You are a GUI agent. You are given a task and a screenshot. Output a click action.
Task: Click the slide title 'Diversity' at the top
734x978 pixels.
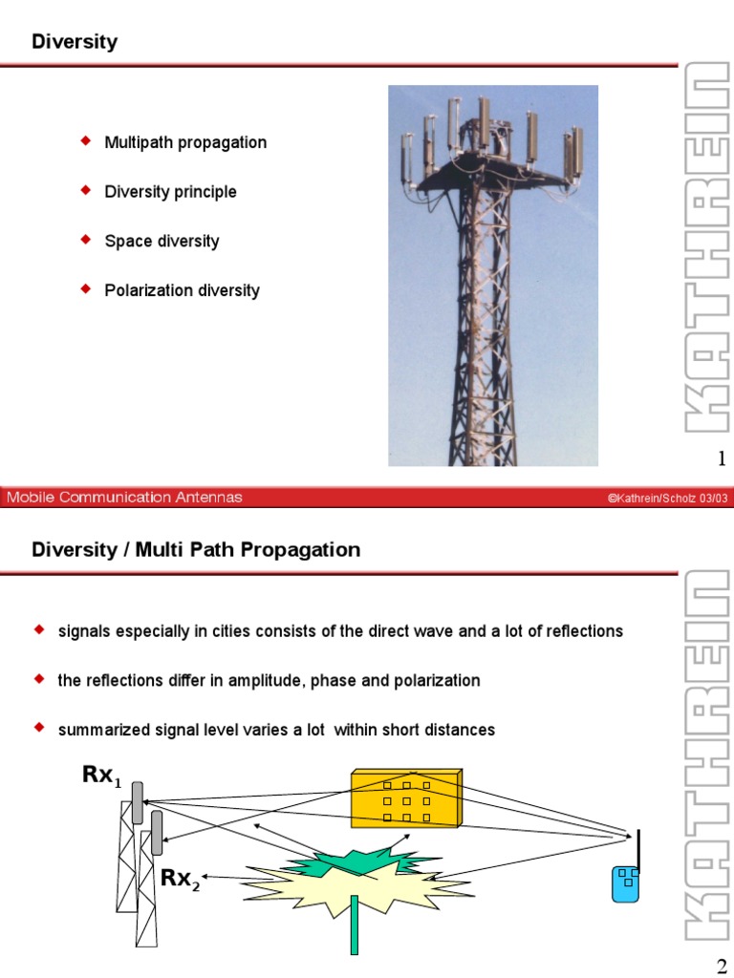(75, 41)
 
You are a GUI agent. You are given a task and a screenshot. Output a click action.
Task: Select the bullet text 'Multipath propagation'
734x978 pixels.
(185, 142)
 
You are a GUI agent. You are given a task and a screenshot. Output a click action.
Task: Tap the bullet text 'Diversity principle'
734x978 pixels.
(170, 192)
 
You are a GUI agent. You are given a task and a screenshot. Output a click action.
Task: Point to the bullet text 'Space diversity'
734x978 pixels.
(162, 241)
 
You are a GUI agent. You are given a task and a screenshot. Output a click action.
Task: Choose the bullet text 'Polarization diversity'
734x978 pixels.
(182, 290)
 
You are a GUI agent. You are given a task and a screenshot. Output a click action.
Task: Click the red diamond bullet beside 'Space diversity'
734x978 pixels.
(84, 239)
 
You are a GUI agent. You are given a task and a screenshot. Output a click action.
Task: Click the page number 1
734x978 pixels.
(723, 461)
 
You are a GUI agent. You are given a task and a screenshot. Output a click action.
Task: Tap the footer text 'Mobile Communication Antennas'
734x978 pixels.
(125, 497)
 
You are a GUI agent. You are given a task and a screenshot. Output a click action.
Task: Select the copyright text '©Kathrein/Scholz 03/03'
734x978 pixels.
(666, 498)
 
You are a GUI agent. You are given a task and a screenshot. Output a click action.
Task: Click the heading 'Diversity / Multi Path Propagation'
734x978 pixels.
(196, 549)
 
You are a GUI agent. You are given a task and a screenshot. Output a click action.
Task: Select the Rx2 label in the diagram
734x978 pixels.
(180, 879)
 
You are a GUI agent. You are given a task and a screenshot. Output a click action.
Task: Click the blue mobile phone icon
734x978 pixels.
(625, 882)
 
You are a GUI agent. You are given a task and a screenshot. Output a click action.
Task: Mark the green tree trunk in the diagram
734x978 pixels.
(354, 925)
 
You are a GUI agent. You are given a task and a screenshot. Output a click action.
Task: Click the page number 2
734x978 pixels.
(723, 965)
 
